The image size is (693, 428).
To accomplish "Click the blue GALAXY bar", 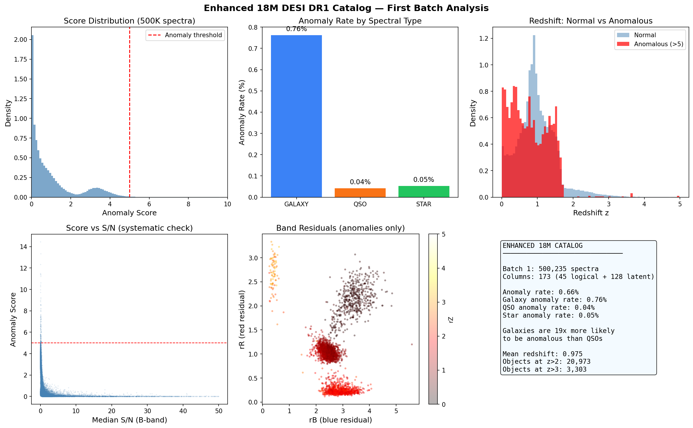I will [296, 116].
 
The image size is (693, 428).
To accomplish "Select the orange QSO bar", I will [360, 193].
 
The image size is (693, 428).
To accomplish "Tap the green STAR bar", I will [423, 192].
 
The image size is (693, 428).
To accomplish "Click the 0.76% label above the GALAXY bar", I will [296, 29].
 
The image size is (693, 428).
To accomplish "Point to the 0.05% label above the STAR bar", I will [423, 180].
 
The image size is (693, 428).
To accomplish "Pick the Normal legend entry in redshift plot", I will [645, 35].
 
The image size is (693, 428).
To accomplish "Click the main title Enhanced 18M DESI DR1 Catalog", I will [346, 8].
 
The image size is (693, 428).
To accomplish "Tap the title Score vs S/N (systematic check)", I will [129, 228].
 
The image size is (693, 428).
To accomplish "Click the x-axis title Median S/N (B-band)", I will [129, 420].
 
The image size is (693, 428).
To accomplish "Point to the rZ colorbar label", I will [451, 320].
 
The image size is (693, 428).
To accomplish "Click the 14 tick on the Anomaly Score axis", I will [23, 247].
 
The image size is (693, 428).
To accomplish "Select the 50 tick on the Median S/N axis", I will [219, 411].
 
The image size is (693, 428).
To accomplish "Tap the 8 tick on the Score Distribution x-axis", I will [188, 204].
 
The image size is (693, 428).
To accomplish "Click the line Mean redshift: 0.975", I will [543, 354].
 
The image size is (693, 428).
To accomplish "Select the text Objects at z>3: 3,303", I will [544, 369].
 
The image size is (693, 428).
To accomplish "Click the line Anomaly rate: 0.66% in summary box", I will [540, 292].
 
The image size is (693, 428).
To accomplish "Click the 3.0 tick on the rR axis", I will [253, 258].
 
